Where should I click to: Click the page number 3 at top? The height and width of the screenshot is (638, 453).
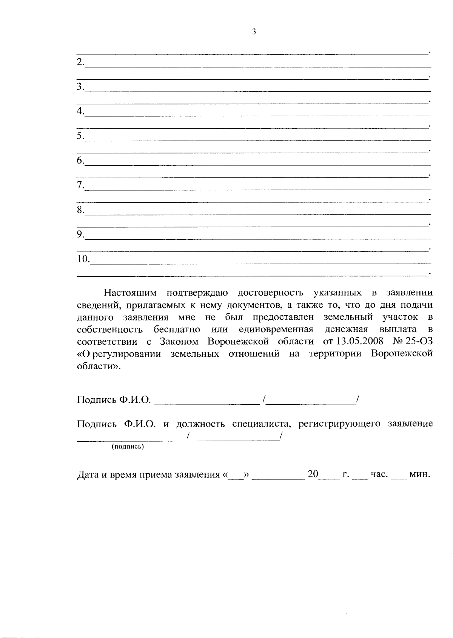coord(254,32)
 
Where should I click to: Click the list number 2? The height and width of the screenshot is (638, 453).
coord(80,62)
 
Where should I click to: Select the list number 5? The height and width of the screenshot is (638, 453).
coord(80,136)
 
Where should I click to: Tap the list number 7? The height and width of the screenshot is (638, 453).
coord(80,185)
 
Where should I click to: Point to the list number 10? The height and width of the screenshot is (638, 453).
coord(83,259)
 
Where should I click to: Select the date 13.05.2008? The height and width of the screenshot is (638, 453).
coord(359,342)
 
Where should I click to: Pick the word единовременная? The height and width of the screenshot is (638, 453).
coord(276,330)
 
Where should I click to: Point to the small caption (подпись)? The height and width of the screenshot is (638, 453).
coord(128,447)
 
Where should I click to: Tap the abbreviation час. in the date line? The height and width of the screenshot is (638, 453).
coord(379,474)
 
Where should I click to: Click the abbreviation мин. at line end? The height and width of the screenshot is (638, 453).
coord(420,474)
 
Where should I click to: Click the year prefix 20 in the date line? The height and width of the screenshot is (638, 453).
coord(313,474)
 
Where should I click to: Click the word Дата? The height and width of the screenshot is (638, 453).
coord(88,475)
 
